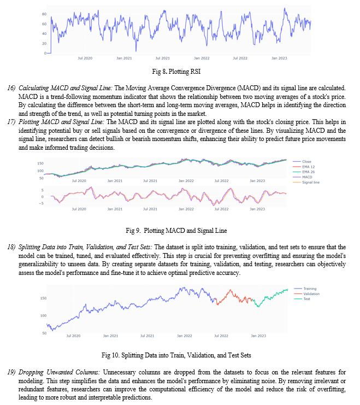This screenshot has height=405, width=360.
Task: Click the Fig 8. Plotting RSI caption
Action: click(x=176, y=72)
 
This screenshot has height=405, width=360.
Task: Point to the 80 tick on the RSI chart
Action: click(x=44, y=14)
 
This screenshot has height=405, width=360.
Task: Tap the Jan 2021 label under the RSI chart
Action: click(x=124, y=58)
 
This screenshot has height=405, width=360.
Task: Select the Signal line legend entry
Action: click(x=306, y=183)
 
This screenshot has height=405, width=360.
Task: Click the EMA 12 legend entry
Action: click(x=304, y=167)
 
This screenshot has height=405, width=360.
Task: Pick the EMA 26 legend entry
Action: click(x=304, y=172)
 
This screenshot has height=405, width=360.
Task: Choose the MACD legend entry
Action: click(x=303, y=177)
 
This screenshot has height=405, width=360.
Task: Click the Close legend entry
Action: click(x=302, y=161)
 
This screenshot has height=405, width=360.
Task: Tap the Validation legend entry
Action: click(x=307, y=294)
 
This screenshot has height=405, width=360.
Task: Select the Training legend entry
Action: click(x=305, y=289)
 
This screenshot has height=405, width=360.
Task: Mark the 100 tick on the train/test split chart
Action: click(x=43, y=315)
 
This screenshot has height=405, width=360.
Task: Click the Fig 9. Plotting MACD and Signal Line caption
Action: click(x=176, y=231)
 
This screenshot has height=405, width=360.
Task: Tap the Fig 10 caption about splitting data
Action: click(x=176, y=355)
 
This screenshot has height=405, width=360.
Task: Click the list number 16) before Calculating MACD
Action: click(x=11, y=88)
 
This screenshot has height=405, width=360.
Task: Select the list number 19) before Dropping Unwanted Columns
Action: click(x=11, y=372)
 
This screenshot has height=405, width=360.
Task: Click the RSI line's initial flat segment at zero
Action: click(x=49, y=53)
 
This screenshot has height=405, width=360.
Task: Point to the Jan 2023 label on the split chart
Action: click(x=258, y=336)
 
